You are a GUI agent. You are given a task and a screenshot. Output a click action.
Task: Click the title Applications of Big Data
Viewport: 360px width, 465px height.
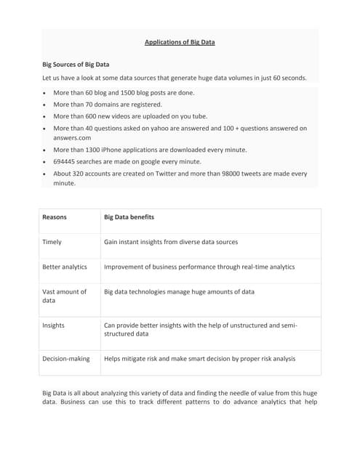(x=180, y=42)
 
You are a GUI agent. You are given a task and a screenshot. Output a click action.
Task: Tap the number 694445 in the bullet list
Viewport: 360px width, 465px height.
(x=68, y=161)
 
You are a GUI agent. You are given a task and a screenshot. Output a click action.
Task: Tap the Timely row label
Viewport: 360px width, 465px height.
(x=52, y=242)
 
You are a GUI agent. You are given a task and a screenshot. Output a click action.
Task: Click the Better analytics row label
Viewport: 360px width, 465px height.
(x=65, y=267)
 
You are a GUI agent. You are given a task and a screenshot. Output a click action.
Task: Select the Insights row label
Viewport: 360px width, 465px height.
(x=54, y=325)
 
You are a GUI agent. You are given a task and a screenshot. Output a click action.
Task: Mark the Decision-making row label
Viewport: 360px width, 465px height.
(x=66, y=358)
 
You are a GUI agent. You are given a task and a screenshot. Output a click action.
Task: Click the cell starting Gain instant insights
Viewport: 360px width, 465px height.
(x=171, y=242)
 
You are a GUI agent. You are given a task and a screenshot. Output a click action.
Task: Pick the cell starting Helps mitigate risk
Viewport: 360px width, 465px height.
(x=200, y=358)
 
